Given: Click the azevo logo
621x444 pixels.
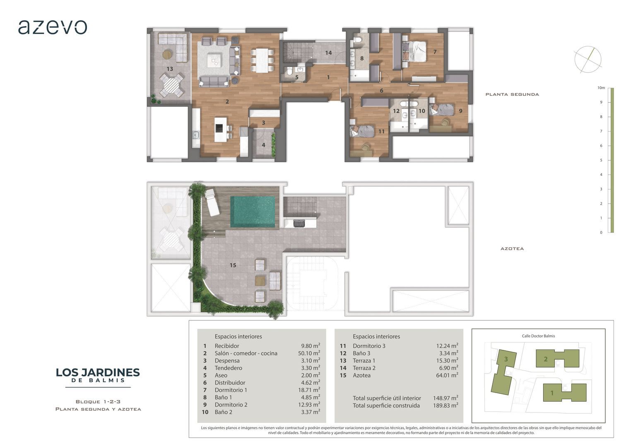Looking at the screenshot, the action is point(53,27).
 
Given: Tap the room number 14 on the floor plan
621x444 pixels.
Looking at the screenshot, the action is point(328,53).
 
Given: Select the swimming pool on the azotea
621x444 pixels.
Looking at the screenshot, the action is point(253,212).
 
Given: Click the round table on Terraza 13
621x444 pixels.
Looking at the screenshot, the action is point(171,85).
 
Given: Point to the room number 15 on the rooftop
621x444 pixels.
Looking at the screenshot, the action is point(233,265).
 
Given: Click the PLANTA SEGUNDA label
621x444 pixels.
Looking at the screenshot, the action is point(512,95).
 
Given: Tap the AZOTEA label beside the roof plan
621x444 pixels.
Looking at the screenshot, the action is point(512,249).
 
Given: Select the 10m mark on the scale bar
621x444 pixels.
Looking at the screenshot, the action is point(601,88).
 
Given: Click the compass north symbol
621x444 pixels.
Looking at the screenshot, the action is point(588,60).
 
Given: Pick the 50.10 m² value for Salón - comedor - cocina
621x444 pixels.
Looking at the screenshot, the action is point(309,353).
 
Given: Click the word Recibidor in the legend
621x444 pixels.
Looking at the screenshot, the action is point(227,346).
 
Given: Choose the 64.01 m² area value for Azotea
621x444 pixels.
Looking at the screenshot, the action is point(447,375).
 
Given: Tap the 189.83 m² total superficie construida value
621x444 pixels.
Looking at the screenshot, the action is point(445,405).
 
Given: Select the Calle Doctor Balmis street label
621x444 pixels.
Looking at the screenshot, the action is point(538,336).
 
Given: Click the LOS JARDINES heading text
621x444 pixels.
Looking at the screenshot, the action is point(98,373).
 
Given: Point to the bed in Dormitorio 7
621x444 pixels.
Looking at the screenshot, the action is point(414,51).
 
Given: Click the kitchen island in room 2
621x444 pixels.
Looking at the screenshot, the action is point(221,129).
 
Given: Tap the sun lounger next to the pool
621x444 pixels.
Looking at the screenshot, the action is point(212,202).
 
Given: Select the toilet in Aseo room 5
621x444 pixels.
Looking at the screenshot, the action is point(289,71).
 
